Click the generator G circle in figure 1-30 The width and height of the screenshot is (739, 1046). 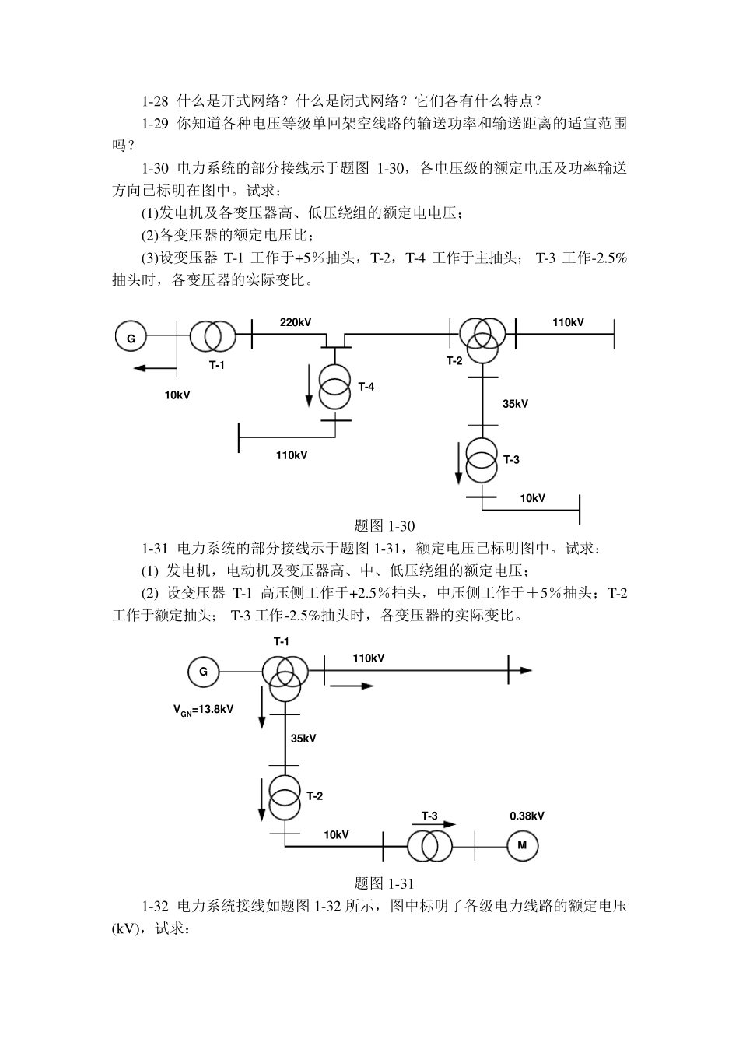pyautogui.click(x=131, y=337)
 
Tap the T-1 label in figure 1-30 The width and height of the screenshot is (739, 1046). pyautogui.click(x=216, y=365)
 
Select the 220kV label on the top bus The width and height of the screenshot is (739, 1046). pyautogui.click(x=296, y=322)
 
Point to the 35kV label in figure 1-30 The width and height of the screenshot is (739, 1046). pyautogui.click(x=515, y=404)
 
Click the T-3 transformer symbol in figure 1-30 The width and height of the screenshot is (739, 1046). pyautogui.click(x=482, y=461)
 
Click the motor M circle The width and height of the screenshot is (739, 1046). pyautogui.click(x=523, y=845)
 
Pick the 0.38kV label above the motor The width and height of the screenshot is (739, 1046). pyautogui.click(x=527, y=816)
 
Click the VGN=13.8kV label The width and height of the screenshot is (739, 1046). pyautogui.click(x=204, y=709)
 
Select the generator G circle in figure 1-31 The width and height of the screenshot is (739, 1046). pyautogui.click(x=203, y=671)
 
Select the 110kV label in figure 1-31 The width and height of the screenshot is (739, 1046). pyautogui.click(x=369, y=658)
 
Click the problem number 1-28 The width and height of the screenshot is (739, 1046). pyautogui.click(x=156, y=100)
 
